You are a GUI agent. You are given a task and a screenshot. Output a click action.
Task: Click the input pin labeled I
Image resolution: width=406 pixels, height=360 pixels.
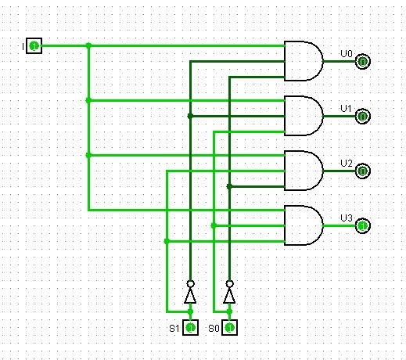[34, 46]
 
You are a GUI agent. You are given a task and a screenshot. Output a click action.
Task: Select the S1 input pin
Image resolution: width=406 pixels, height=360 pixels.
[190, 327]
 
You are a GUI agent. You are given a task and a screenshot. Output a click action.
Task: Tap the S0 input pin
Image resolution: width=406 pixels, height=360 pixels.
[229, 327]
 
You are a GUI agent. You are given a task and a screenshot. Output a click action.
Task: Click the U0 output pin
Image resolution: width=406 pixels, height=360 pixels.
[363, 62]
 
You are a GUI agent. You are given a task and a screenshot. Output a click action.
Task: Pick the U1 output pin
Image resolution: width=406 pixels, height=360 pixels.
[363, 117]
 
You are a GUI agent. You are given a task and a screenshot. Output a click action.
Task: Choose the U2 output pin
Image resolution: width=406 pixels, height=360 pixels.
[363, 171]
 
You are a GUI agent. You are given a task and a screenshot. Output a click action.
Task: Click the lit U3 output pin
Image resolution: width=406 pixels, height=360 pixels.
[363, 225]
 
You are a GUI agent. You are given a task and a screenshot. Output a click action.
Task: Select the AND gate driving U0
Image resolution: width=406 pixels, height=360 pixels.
[304, 61]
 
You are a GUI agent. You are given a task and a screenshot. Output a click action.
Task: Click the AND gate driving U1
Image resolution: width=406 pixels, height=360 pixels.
[304, 116]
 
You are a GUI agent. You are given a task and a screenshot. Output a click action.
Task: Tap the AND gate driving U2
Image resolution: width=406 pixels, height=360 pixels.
[304, 171]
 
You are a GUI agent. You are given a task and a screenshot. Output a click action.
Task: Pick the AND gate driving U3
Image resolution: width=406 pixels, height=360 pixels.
[304, 225]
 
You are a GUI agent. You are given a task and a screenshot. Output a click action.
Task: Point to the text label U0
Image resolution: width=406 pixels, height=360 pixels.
[347, 54]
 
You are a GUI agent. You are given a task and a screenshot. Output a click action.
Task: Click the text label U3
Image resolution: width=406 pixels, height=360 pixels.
[347, 218]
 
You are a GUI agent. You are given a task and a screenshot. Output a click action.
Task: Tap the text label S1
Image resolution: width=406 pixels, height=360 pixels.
[174, 329]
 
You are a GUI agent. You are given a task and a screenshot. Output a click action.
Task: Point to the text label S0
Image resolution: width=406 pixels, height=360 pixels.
[214, 329]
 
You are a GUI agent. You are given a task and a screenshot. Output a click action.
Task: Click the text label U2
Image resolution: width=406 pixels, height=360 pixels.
[347, 164]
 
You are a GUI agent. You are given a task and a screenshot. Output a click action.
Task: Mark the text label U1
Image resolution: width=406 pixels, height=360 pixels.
[347, 109]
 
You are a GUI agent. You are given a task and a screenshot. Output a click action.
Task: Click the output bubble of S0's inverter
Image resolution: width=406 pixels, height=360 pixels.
[229, 283]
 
